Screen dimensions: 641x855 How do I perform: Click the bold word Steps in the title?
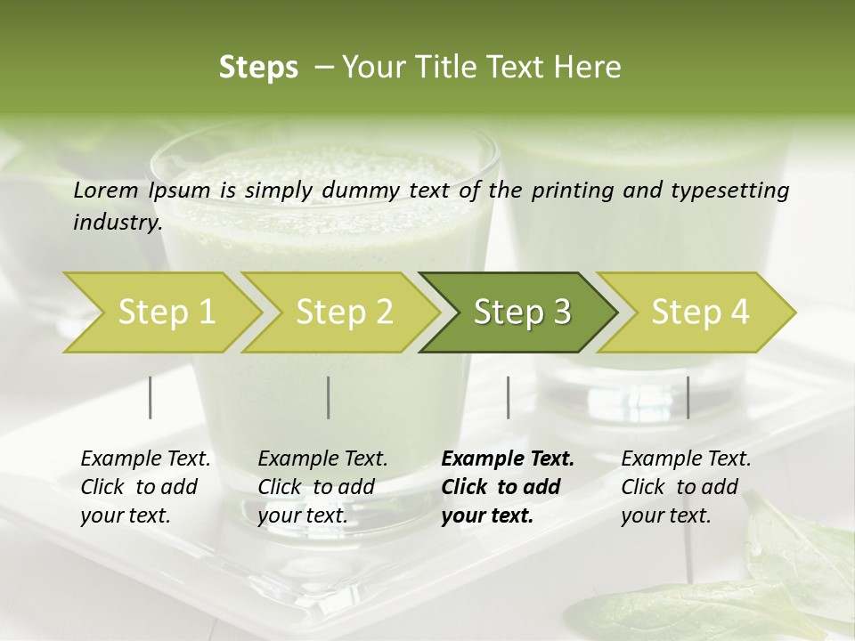click(258, 68)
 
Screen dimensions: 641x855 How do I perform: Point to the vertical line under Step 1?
click(151, 397)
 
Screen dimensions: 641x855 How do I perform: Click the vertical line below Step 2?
click(329, 397)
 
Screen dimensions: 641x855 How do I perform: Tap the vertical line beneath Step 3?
click(509, 397)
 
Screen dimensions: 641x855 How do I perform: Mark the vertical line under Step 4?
click(688, 397)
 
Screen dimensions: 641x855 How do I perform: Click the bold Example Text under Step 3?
click(508, 459)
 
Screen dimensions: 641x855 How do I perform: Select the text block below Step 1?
click(145, 487)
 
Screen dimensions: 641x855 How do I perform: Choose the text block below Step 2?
click(322, 487)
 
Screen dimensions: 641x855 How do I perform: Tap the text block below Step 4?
click(686, 487)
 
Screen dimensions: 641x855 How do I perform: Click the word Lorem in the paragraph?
click(106, 191)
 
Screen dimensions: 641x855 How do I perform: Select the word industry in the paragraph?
click(117, 223)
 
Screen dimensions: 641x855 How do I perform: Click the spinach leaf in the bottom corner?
click(784, 570)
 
